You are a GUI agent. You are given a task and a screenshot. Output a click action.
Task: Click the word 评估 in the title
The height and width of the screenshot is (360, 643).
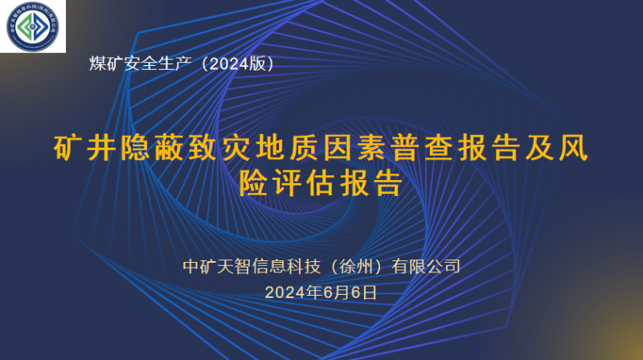303,183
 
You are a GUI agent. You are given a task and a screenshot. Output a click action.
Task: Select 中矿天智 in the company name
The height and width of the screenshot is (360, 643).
214,266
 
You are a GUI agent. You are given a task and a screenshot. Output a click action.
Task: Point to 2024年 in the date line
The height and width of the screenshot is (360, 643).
294,292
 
